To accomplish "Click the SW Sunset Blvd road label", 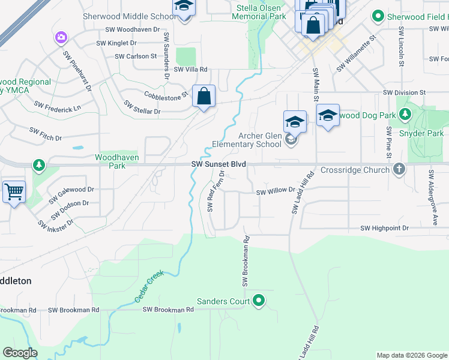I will coord(218,164).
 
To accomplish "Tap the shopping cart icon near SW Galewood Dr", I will coord(14,193).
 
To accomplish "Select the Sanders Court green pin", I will coord(259,300).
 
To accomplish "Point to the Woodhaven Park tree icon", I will coord(39,164).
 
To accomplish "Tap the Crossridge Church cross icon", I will coord(399,170).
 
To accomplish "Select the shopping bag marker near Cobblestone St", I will coord(204,96).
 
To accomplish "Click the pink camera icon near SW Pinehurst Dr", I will coord(61,39).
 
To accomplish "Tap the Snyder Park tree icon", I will coord(406,114).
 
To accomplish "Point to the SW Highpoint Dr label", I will coord(384,228).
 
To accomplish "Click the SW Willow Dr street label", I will coord(276,191).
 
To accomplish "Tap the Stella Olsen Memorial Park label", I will coord(260,13).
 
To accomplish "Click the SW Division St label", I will coord(404,93).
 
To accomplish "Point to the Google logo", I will coord(20,353).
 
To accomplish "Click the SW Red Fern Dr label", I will coord(215,191).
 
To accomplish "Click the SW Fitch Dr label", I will coord(46,133).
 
